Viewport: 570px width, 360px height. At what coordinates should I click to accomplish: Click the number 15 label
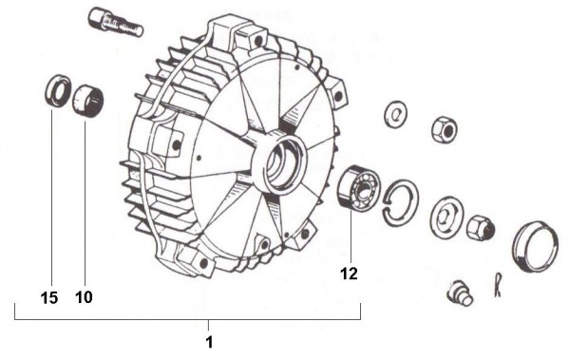coord(49,298)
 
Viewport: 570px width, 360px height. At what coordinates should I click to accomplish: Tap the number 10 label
coord(84,297)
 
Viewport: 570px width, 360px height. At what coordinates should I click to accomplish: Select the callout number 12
coord(349,274)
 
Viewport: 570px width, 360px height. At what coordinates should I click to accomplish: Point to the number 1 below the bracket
coord(209,342)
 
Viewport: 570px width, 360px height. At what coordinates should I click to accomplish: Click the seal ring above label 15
coord(58,90)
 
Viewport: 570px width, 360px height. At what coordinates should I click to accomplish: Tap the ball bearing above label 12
coord(358,188)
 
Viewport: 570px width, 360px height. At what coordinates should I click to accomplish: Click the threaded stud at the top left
coord(116,23)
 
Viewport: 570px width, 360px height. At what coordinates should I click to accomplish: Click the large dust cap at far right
coord(535,246)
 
